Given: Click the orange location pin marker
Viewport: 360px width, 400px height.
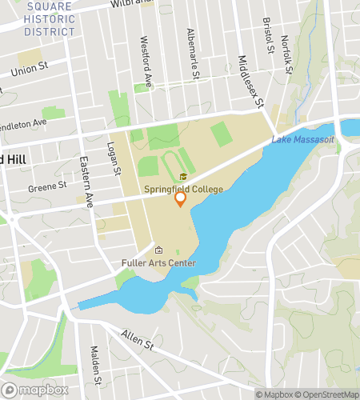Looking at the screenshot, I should click(181, 199).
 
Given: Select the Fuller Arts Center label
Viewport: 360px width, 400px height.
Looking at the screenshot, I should click(158, 262).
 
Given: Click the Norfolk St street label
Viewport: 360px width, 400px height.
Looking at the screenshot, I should click(288, 58).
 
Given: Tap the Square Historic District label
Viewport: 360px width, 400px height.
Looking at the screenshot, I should click(49, 19).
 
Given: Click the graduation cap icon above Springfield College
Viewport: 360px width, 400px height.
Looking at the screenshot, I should click(182, 177).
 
